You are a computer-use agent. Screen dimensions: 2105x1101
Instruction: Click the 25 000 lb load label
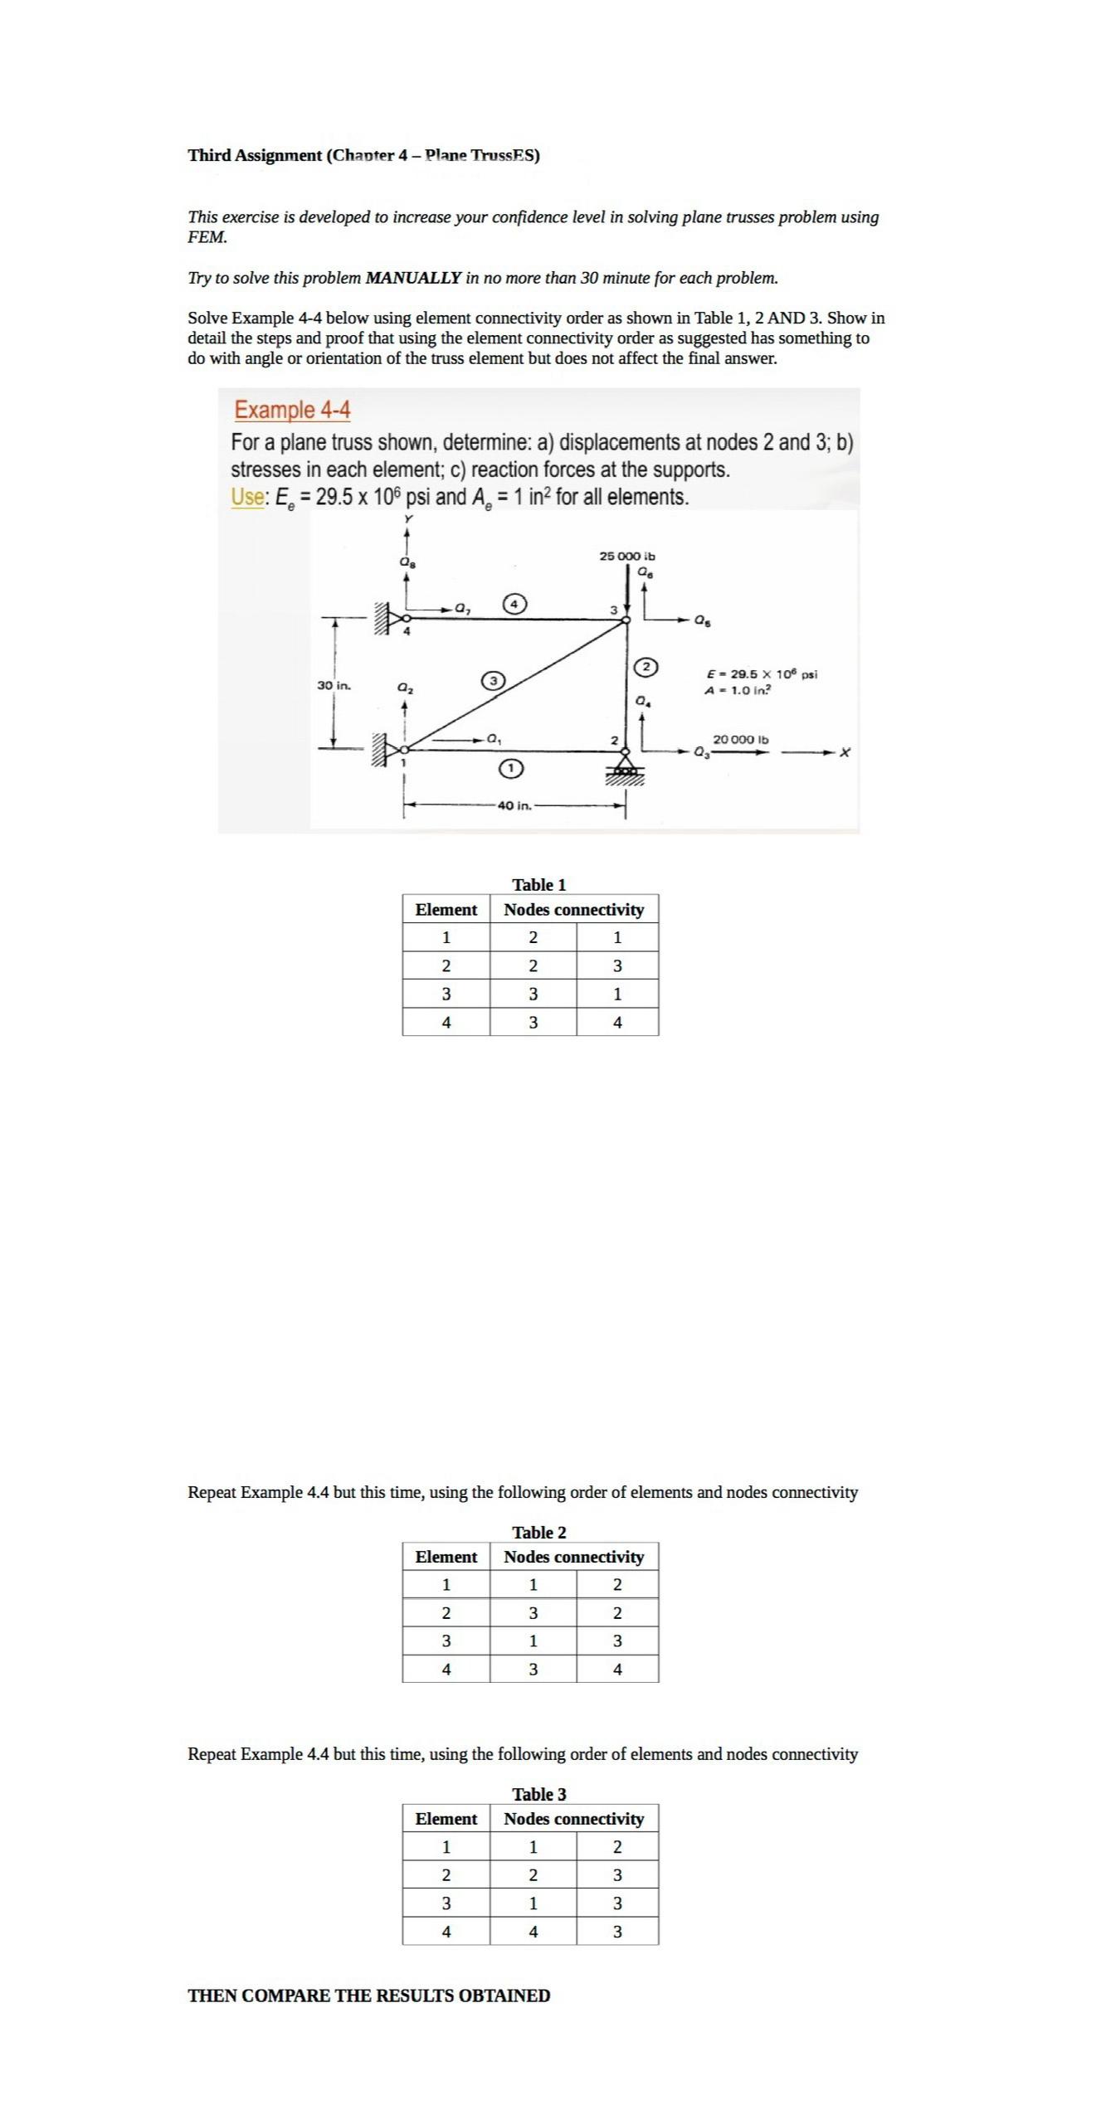(x=626, y=556)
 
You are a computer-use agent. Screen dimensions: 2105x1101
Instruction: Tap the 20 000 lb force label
(x=740, y=739)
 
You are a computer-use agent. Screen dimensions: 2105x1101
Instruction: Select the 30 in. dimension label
(x=334, y=686)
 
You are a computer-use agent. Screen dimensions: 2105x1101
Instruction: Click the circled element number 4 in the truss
(x=515, y=604)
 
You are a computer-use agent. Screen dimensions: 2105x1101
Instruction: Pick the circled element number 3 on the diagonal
(x=493, y=681)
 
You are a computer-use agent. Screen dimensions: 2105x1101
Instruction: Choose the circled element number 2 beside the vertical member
(x=645, y=667)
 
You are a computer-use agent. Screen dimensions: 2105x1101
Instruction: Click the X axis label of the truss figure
(x=845, y=752)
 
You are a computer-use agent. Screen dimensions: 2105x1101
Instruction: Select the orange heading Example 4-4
(x=292, y=410)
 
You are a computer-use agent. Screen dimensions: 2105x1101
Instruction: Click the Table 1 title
(x=538, y=885)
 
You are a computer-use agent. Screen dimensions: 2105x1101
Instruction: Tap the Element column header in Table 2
(x=446, y=1557)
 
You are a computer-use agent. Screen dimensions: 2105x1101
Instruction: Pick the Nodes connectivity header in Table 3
(x=573, y=1819)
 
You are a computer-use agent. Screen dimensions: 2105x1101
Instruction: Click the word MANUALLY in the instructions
(x=413, y=278)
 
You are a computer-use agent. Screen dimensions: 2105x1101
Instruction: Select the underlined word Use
(x=247, y=497)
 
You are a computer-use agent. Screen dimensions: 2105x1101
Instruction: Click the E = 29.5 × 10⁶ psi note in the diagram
(x=761, y=674)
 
